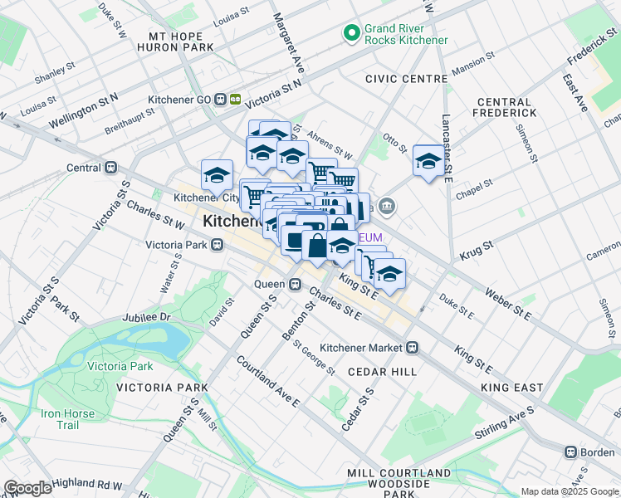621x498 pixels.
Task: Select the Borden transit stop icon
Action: tap(570, 452)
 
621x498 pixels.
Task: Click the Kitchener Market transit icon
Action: tap(412, 347)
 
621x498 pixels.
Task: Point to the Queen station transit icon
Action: tap(295, 284)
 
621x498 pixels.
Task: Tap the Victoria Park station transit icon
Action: tap(218, 245)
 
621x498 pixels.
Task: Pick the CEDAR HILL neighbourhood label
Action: tap(382, 372)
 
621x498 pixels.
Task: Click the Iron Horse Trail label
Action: tap(60, 419)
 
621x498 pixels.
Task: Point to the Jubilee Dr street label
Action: tap(145, 317)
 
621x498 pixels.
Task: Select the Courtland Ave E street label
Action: tap(267, 381)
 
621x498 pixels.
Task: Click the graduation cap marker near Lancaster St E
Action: tap(429, 160)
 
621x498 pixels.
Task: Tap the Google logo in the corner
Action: tap(27, 488)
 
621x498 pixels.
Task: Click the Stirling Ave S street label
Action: tap(504, 423)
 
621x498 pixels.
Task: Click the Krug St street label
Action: tap(476, 247)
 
